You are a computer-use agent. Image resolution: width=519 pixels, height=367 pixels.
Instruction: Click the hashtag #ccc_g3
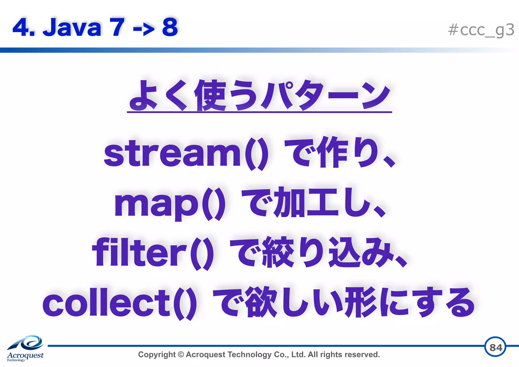[481, 30]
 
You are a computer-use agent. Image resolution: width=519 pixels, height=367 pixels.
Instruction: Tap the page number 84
[495, 347]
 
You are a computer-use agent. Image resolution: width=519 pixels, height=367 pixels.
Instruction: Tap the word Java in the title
[72, 27]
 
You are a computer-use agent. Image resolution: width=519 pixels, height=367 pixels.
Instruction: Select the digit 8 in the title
[170, 27]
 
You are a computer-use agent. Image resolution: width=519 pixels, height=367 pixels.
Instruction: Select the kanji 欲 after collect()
[262, 302]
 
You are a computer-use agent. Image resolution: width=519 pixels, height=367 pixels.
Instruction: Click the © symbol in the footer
[181, 354]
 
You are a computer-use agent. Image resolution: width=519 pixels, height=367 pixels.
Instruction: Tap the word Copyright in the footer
[157, 355]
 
